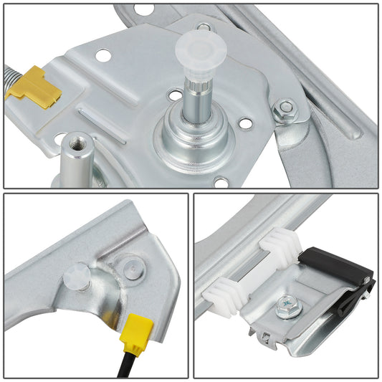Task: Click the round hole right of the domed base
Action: [x=245, y=124]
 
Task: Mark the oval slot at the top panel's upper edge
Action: [x=144, y=9]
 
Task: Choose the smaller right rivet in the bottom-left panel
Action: [x=130, y=269]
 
